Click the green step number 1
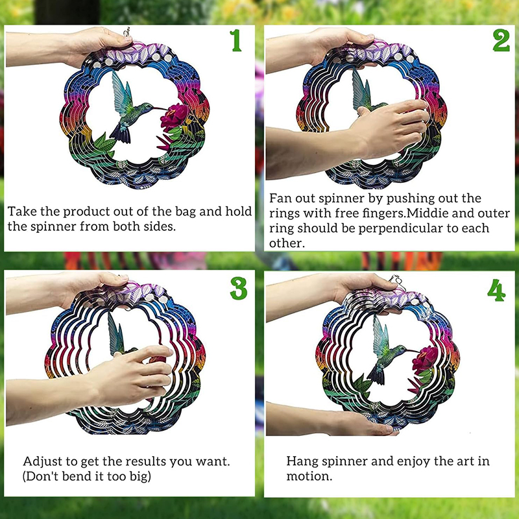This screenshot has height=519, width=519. click(x=235, y=40)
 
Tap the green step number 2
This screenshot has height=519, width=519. click(x=501, y=40)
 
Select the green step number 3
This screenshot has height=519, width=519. click(x=239, y=288)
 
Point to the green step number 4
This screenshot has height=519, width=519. click(x=496, y=290)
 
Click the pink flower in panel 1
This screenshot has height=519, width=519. click(x=174, y=117)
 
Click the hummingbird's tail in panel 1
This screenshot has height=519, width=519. click(x=121, y=134)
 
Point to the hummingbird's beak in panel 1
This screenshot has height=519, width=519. click(x=160, y=108)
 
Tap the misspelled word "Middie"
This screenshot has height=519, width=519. click(x=428, y=213)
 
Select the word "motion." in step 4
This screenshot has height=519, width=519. click(x=309, y=476)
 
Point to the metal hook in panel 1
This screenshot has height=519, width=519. click(x=127, y=32)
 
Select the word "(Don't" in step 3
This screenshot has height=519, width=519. click(x=41, y=476)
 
